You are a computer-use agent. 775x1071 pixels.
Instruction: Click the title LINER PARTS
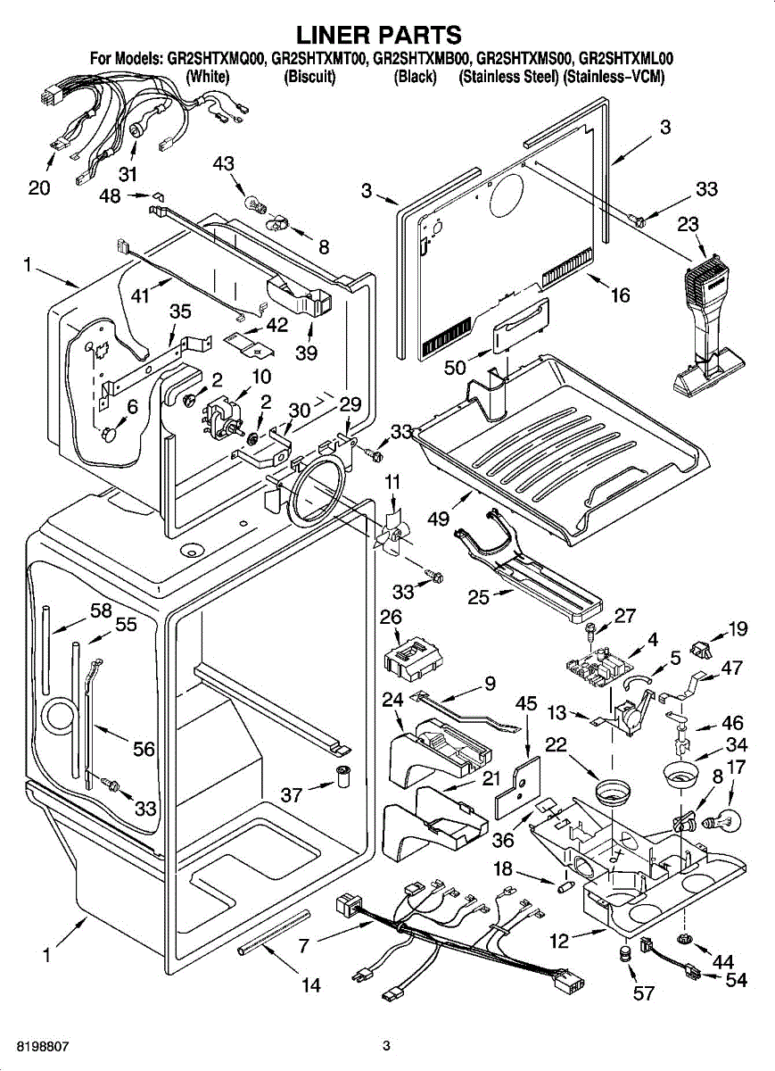click(x=379, y=35)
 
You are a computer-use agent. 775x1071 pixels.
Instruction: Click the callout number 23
click(x=687, y=226)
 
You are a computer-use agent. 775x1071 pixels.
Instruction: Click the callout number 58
click(x=101, y=610)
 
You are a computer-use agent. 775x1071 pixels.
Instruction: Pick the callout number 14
click(x=310, y=985)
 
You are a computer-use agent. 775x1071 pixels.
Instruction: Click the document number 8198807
click(x=42, y=1045)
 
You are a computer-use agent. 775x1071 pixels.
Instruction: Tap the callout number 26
click(x=391, y=617)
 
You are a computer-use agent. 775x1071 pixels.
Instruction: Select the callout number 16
click(x=620, y=295)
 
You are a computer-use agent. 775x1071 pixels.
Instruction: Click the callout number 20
click(x=39, y=187)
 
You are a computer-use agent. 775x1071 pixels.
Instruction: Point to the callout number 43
click(x=224, y=163)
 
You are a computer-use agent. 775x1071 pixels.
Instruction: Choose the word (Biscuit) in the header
click(x=309, y=78)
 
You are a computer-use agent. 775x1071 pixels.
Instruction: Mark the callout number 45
click(x=526, y=703)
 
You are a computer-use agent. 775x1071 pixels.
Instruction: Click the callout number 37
click(x=292, y=794)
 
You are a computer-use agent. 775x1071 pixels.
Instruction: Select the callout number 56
click(x=144, y=750)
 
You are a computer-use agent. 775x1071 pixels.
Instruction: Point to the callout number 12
click(x=558, y=939)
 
